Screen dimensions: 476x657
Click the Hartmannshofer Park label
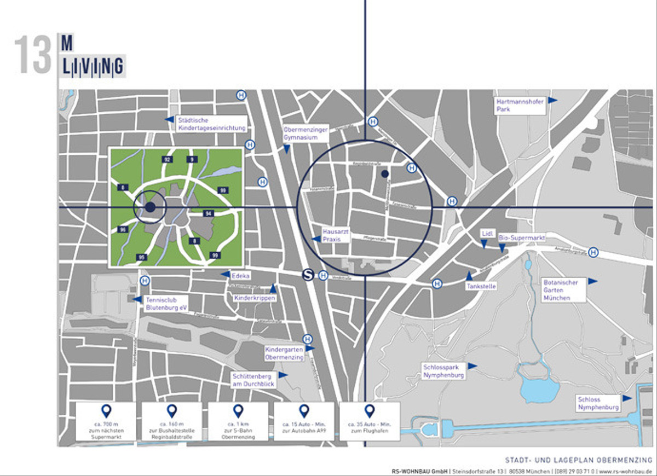[520, 106]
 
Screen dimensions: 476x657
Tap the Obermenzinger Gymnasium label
[306, 133]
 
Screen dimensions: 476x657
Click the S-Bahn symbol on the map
[308, 276]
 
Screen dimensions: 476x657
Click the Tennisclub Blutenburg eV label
[166, 304]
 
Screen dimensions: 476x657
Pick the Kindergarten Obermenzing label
[284, 353]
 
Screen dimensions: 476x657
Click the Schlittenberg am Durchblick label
[253, 380]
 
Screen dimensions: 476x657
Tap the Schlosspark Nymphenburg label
[443, 371]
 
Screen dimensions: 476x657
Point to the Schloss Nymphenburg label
[598, 404]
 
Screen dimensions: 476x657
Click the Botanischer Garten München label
[563, 289]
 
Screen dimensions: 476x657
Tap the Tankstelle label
[481, 286]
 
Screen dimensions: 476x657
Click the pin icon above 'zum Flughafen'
[370, 411]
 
